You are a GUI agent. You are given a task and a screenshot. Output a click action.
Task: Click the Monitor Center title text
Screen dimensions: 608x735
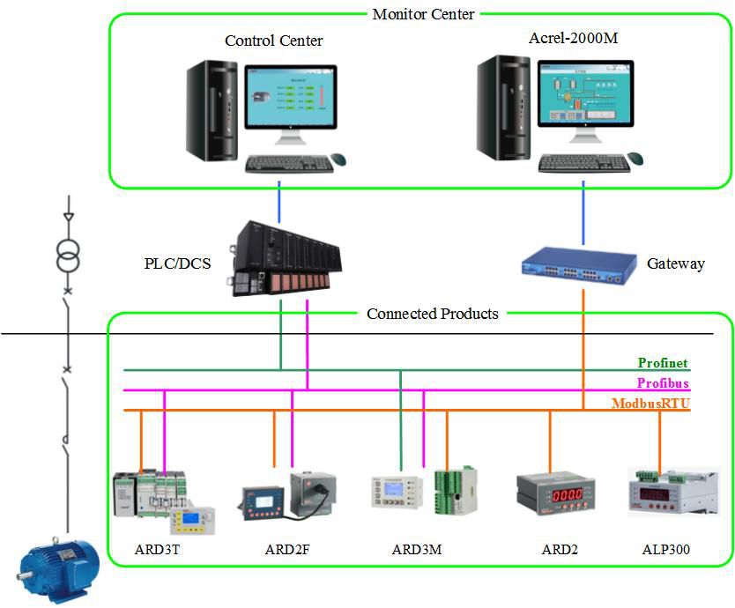tap(423, 14)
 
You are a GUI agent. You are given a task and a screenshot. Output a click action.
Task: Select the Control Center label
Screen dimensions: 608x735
tap(273, 41)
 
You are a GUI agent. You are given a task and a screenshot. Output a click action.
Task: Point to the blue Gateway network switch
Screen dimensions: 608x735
tap(577, 263)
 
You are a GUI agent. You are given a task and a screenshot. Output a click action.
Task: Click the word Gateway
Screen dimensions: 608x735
tap(675, 263)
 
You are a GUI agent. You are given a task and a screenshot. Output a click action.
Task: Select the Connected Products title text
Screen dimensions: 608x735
tap(432, 314)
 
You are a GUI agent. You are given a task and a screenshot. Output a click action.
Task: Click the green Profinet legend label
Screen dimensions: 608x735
tap(663, 363)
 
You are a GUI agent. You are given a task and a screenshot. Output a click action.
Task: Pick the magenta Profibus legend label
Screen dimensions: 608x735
tap(663, 383)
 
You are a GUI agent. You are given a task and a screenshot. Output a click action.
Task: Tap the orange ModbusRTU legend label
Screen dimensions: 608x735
tap(650, 404)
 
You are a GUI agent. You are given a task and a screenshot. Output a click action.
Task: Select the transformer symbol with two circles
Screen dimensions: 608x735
tap(67, 258)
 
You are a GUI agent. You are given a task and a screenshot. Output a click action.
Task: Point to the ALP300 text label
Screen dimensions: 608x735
tap(665, 550)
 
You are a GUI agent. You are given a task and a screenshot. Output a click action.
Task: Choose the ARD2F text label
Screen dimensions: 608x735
tap(287, 550)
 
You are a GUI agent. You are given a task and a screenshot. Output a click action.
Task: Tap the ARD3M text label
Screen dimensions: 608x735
tap(416, 550)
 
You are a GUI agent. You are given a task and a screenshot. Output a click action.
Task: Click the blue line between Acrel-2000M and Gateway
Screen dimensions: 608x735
tap(583, 212)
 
